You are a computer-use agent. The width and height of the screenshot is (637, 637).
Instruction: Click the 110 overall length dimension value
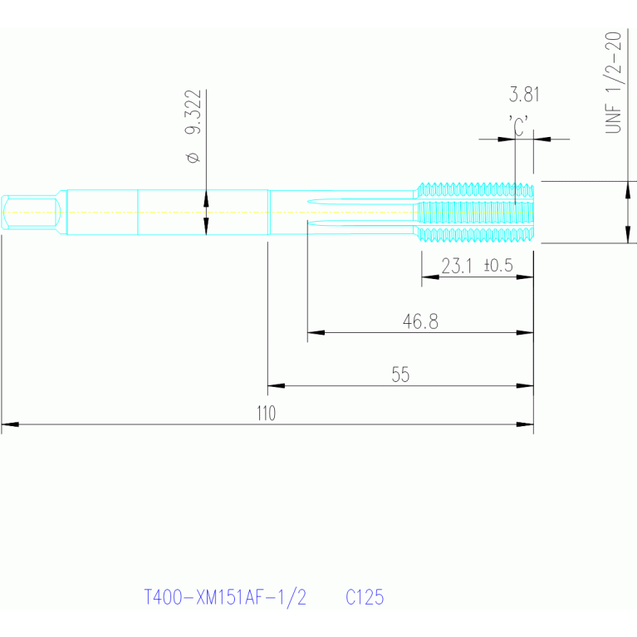click(266, 413)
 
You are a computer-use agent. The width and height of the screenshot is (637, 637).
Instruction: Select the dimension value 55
click(400, 375)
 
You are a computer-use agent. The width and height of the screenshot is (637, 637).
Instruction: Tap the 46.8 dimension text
click(420, 321)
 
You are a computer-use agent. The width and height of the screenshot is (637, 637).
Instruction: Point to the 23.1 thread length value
click(457, 267)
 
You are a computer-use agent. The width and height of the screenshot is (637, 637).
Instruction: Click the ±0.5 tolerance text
click(498, 266)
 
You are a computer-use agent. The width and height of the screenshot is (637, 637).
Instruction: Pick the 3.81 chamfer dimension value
click(524, 95)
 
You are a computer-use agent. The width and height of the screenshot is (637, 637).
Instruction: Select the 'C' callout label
click(518, 125)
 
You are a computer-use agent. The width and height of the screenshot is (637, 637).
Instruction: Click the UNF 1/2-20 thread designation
click(614, 82)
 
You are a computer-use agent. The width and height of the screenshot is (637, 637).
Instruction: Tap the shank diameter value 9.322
click(193, 112)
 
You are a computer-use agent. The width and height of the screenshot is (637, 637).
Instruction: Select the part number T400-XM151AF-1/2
click(225, 598)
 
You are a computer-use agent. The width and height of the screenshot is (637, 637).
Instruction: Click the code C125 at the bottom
click(365, 597)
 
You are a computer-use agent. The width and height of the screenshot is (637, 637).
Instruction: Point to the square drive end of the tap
click(32, 212)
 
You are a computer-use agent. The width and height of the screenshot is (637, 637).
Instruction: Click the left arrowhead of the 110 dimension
click(10, 424)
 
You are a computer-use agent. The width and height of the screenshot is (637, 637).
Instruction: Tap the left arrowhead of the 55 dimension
click(277, 385)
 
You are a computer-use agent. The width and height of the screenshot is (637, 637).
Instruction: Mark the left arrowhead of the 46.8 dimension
click(316, 332)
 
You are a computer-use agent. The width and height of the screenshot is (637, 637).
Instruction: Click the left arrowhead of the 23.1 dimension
click(430, 277)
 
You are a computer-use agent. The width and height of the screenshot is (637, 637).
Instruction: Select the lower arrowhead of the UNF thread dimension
click(628, 234)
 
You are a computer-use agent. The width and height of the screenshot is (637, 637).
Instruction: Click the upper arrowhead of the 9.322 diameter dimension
click(206, 198)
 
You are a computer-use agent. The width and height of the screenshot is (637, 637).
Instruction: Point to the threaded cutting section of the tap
click(474, 212)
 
